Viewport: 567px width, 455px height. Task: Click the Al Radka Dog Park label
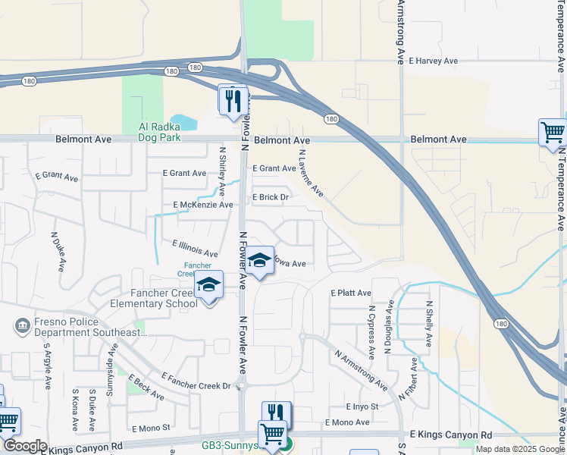point(159,132)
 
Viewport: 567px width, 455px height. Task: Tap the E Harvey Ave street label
point(434,61)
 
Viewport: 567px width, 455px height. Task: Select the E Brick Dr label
point(271,197)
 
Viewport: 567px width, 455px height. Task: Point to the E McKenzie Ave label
point(203,205)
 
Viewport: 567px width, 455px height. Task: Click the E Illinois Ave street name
point(195,249)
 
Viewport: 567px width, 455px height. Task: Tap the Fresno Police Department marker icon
point(21,327)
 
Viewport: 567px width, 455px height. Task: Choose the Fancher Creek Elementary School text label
point(142,298)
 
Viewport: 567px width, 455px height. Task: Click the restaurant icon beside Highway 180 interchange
point(233,100)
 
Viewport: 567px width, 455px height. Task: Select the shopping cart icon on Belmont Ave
point(553,133)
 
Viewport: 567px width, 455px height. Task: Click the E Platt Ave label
point(351,293)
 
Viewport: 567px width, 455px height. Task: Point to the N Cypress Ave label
point(371,332)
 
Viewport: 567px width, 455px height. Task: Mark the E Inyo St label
point(362,407)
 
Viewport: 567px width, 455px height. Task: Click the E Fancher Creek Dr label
point(196,381)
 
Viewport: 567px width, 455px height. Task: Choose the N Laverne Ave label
point(311,173)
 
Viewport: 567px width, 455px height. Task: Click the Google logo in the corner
point(24,446)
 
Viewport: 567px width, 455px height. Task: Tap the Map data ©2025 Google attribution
point(519,449)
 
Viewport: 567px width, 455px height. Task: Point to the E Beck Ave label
point(146,388)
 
